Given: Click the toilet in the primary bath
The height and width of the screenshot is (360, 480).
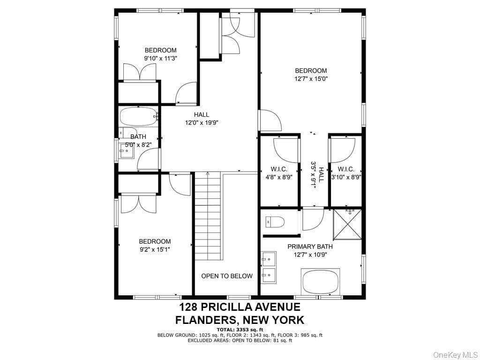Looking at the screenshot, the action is point(275,222).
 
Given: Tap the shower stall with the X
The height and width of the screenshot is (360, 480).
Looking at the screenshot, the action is point(347,224).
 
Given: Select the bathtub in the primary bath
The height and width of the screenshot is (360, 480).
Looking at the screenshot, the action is point(321,282).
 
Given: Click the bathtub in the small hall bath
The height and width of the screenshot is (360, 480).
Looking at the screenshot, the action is point(139,116).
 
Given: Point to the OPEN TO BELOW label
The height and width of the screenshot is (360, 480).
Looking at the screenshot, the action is point(227,276).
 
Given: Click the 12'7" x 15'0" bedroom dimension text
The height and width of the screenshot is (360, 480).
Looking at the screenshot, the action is point(311,79).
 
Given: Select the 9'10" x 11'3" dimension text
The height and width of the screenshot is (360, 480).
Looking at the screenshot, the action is point(161,58).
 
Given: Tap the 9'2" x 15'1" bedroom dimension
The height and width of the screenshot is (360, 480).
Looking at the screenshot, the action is point(155,249).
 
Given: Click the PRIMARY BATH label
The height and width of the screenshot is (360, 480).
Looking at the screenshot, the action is point(310,247).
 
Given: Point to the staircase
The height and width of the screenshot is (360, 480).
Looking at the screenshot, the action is point(208,216).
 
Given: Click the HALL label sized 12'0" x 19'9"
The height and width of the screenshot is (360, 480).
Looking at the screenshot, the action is point(202,115).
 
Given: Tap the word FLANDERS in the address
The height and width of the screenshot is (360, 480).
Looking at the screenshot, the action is point(206,320).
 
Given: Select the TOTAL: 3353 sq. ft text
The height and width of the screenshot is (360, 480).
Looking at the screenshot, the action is point(240,330).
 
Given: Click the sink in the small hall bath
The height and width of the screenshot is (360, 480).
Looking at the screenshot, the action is point(127,151).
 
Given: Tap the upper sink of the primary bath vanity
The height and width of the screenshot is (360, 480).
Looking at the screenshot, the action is point(269,259).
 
